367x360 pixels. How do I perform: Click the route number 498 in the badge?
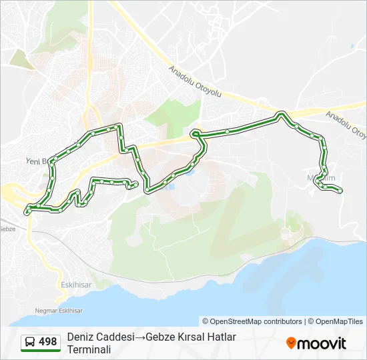pyautogui.click(x=48, y=342)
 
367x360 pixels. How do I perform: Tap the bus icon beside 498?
pyautogui.click(x=30, y=343)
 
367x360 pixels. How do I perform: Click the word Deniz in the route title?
pyautogui.click(x=81, y=337)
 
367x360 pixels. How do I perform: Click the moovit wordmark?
pyautogui.click(x=322, y=343)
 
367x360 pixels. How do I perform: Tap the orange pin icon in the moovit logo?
pyautogui.click(x=291, y=343)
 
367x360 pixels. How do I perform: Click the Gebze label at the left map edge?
pyautogui.click(x=7, y=229)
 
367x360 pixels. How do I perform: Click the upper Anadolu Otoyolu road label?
pyautogui.click(x=194, y=80)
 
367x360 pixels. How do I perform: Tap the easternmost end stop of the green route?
pyautogui.click(x=340, y=191)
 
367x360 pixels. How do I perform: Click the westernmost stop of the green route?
pyautogui.click(x=27, y=212)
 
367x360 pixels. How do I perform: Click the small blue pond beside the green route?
pyautogui.click(x=169, y=185)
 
